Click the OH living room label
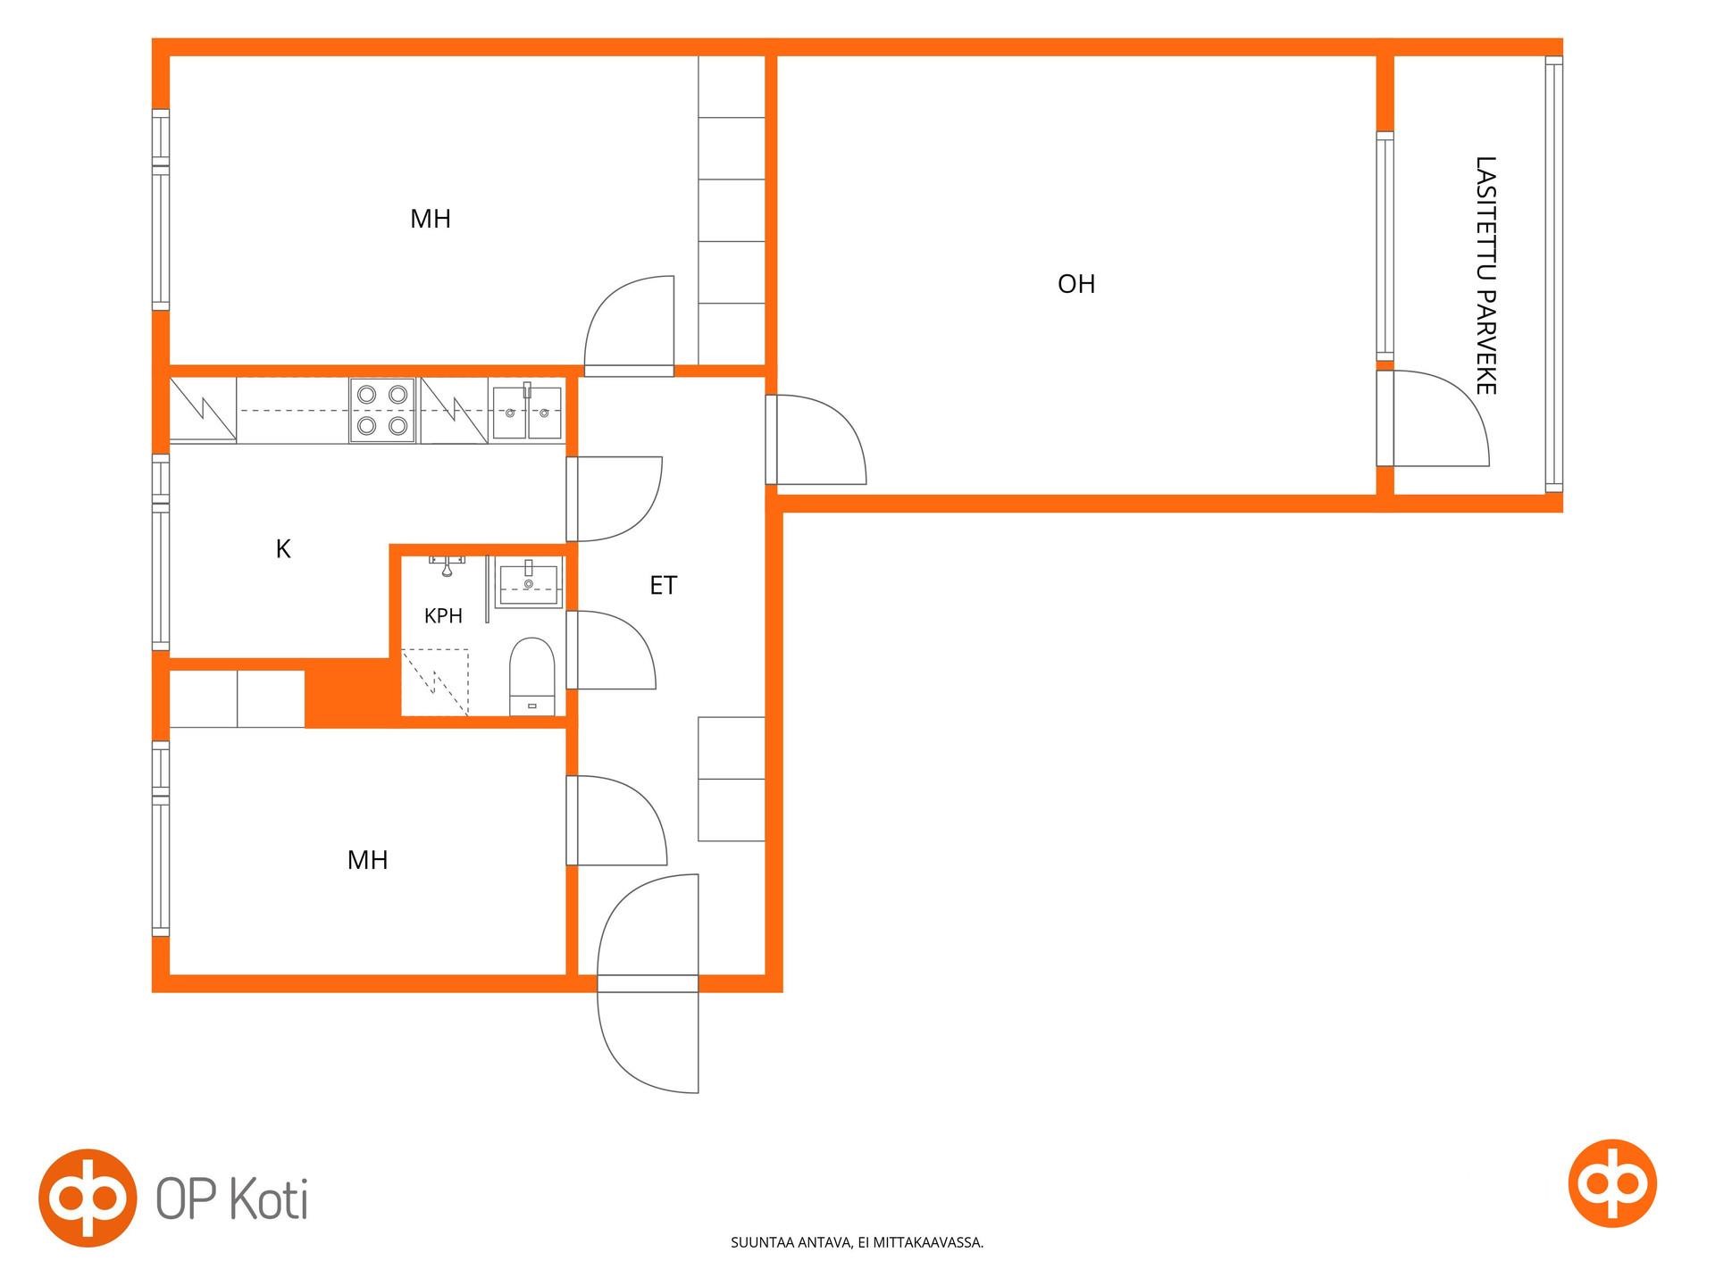click(x=1075, y=284)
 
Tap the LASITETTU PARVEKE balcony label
click(x=1485, y=275)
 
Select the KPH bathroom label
click(x=443, y=615)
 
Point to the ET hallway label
click(x=663, y=585)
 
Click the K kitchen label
click(x=283, y=548)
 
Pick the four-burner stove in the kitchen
click(x=382, y=410)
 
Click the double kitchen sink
click(x=527, y=412)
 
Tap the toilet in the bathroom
click(x=532, y=676)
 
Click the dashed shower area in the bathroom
click(x=435, y=682)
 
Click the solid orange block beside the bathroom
click(x=348, y=692)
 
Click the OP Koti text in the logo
click(x=232, y=1198)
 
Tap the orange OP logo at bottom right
click(x=1612, y=1183)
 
